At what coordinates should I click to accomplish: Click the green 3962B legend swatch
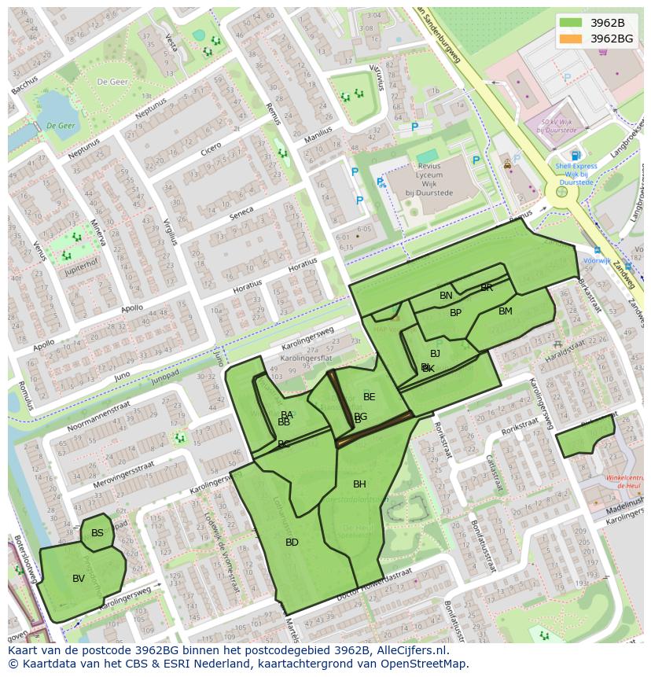572,23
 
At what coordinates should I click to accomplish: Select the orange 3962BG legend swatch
572,39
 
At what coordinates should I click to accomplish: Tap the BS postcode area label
97,533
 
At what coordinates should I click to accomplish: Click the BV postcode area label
79,579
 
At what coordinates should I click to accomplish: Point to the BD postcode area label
292,543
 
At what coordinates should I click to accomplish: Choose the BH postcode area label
359,484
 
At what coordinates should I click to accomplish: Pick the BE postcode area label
369,397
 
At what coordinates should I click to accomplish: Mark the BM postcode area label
506,311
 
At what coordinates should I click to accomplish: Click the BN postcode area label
446,296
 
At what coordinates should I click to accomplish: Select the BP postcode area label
455,313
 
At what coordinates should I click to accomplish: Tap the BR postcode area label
487,288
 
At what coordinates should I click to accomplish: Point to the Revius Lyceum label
429,180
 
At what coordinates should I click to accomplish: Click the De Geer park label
112,81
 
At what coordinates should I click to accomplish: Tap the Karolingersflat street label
300,358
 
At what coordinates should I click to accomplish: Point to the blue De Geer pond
55,110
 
